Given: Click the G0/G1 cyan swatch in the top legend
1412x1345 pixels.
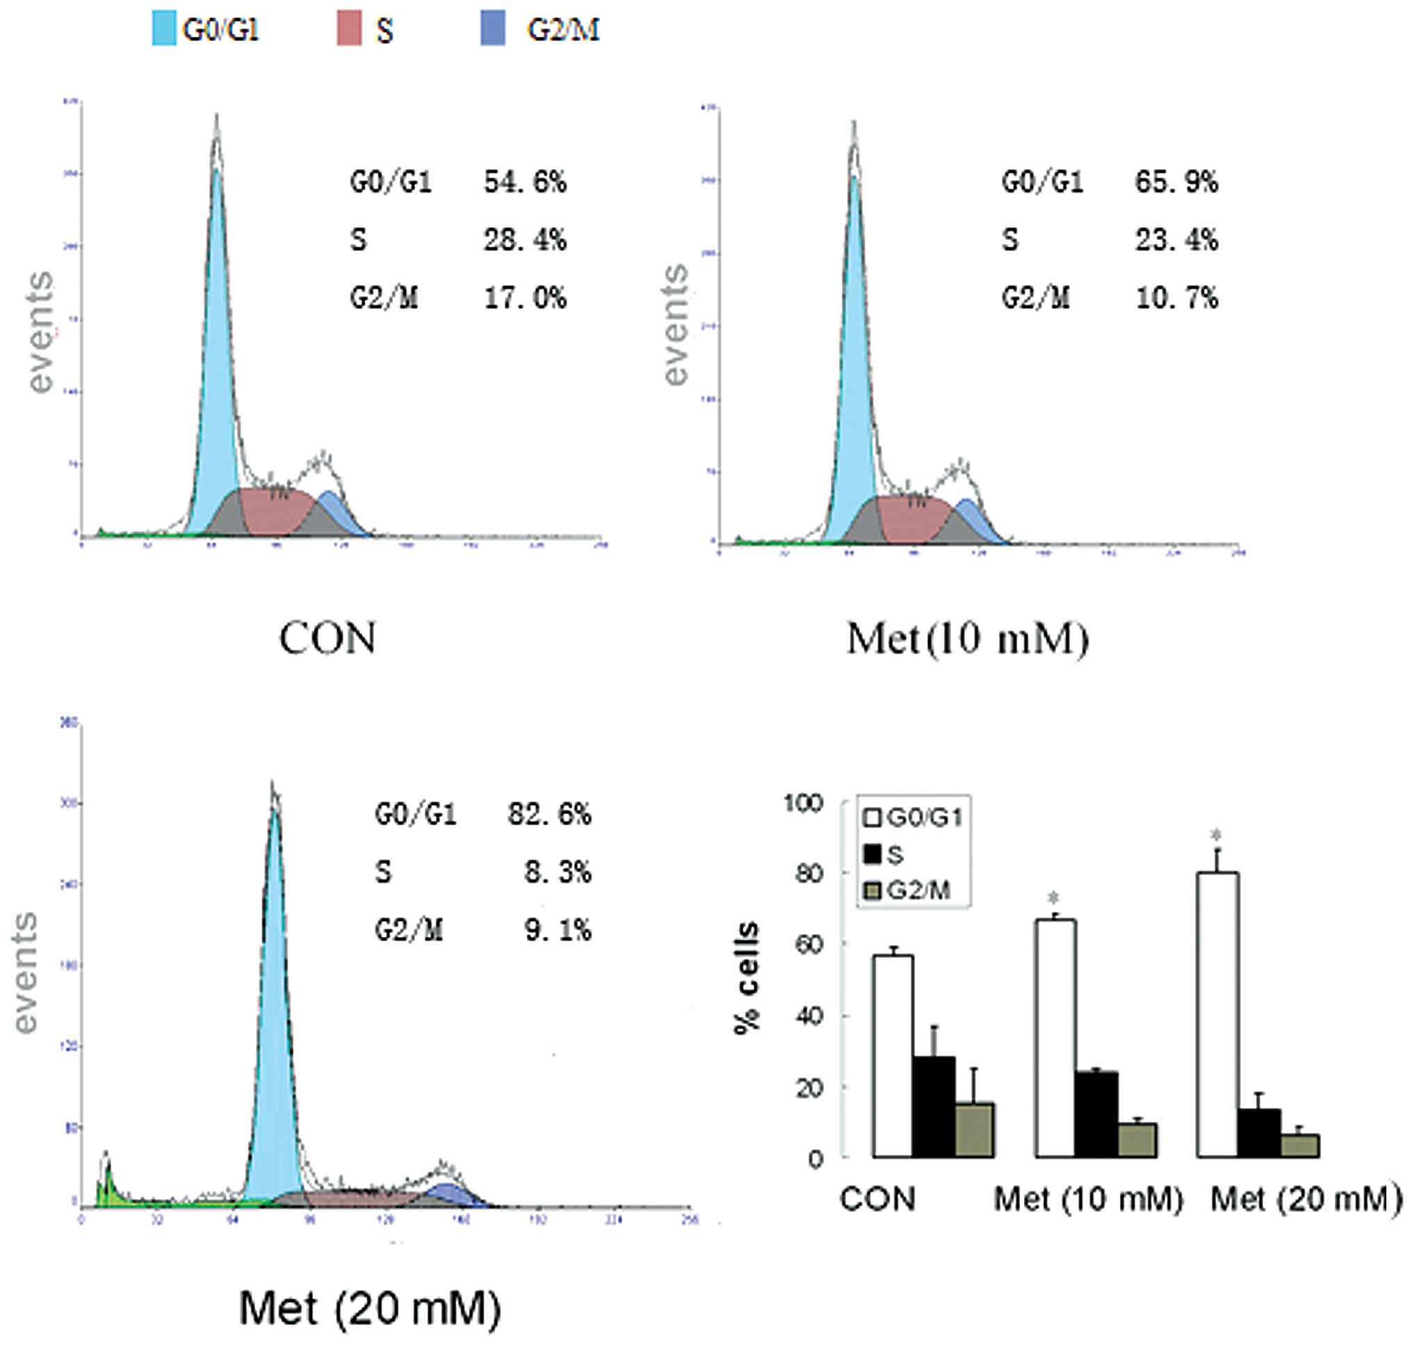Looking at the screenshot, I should click(x=163, y=30).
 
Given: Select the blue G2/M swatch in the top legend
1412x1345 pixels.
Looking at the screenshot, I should click(x=493, y=30).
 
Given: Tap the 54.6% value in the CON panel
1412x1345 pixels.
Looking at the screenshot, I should click(x=525, y=183).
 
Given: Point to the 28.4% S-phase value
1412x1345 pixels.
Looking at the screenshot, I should click(x=525, y=241).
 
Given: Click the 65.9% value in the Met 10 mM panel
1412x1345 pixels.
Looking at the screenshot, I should click(x=1176, y=183).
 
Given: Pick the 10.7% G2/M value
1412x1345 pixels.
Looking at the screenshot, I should click(x=1176, y=297).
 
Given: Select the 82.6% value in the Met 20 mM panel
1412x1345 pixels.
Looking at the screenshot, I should click(x=549, y=815).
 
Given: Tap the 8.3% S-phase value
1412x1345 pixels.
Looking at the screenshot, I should click(x=557, y=872).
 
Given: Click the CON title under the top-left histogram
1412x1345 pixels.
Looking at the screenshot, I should click(x=327, y=638).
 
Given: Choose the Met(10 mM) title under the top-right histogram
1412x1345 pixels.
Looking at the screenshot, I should click(x=967, y=638).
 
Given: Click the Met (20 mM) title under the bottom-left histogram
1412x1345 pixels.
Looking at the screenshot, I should click(x=369, y=1308).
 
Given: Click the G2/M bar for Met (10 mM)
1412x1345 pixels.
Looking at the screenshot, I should click(x=1137, y=1139).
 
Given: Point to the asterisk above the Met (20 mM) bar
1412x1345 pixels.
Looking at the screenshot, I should click(x=1215, y=835).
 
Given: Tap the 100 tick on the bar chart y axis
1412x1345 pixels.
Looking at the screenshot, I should click(x=803, y=802).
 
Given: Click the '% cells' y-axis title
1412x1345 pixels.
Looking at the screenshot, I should click(x=747, y=978).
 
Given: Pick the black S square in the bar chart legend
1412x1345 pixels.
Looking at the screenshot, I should click(x=872, y=854).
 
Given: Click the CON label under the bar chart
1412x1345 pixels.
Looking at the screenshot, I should click(x=878, y=1199).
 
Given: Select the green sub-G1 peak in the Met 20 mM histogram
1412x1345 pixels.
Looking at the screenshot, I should click(x=107, y=1183).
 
